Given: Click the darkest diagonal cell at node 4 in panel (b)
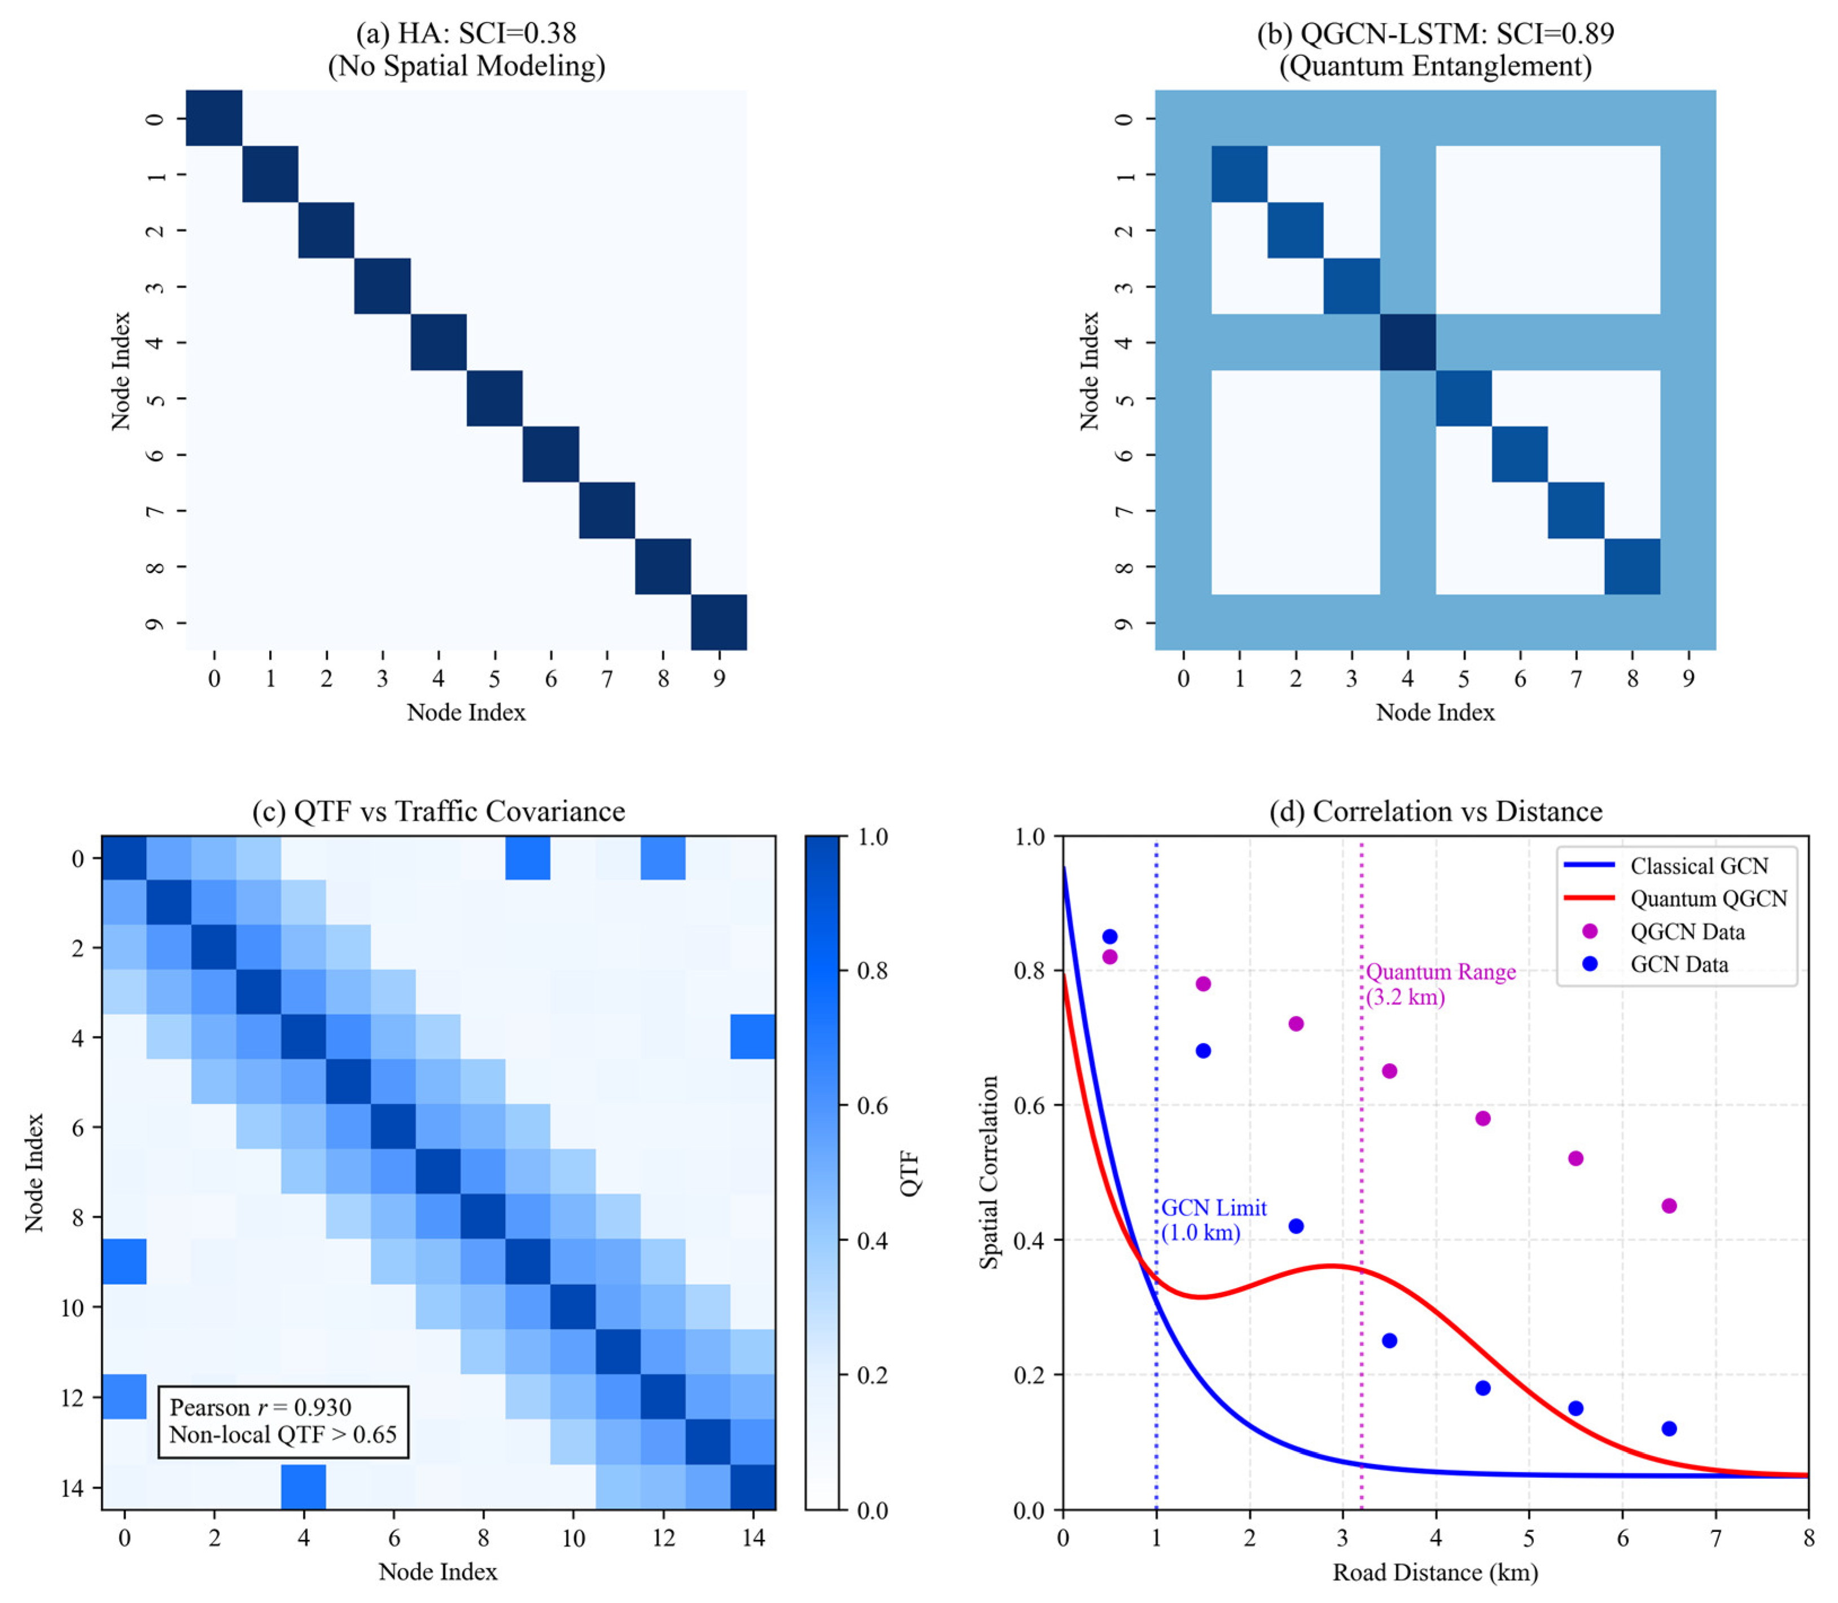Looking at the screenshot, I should point(1407,342).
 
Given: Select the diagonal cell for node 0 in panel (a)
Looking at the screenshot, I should point(214,117).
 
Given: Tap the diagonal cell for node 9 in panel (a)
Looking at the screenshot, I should point(718,623).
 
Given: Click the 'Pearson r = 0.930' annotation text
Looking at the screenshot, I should point(260,1407).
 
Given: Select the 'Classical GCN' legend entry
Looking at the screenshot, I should point(1699,866).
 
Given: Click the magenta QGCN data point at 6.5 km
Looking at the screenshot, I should point(1668,1206).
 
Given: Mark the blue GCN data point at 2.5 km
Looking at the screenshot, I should point(1295,1226).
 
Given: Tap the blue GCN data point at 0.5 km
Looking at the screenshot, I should point(1109,936).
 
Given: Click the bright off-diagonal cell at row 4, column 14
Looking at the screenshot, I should point(753,1037).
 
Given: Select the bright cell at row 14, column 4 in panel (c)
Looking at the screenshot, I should point(304,1487).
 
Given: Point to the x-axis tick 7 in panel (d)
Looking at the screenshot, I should point(1716,1539).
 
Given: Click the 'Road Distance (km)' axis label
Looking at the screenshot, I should point(1435,1573).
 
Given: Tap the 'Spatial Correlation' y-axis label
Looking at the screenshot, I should point(988,1172).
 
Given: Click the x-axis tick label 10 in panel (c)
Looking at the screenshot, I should point(573,1539).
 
